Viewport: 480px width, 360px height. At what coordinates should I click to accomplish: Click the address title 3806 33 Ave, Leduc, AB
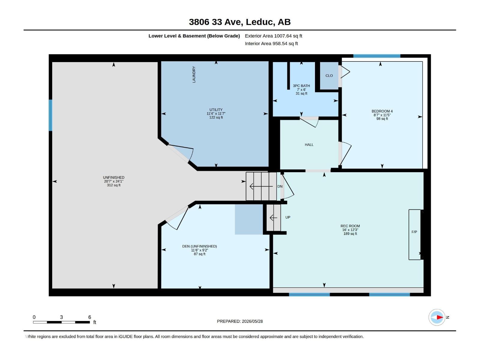coord(240,22)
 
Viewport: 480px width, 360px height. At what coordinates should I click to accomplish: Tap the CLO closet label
coord(329,76)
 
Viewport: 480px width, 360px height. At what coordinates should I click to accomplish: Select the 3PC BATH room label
coord(301,86)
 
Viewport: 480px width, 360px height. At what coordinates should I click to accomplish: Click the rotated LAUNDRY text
coord(194,74)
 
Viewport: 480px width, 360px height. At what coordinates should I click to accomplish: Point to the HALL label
coord(309,145)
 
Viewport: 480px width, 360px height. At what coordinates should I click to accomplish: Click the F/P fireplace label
coord(414,232)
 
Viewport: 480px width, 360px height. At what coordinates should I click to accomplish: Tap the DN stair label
coord(280,186)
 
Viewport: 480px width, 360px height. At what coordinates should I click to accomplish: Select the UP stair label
coord(288,217)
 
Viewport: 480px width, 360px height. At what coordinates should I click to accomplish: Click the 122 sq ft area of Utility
coord(216,117)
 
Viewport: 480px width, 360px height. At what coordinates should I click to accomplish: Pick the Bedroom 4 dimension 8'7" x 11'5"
coord(382,115)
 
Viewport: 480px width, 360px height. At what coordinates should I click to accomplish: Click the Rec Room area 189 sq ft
coord(350,234)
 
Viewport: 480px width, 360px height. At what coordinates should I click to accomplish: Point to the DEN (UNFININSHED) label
coord(199,246)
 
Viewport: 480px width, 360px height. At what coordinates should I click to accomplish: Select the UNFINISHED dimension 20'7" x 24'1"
coord(114,181)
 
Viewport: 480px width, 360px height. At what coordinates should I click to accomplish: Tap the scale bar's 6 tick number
coord(90,317)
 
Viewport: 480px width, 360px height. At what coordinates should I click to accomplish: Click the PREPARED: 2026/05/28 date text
coord(240,321)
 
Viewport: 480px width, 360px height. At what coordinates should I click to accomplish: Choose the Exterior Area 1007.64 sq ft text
coord(274,36)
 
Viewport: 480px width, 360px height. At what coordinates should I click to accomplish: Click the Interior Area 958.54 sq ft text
coord(271,43)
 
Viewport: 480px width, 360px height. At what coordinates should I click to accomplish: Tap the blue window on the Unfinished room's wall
coord(50,115)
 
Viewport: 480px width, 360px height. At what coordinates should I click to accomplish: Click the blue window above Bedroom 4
coord(377,56)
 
